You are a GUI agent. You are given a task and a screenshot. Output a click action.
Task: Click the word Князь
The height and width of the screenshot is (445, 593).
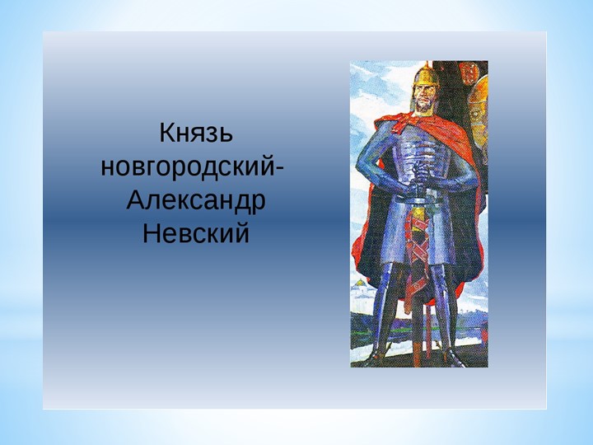195,133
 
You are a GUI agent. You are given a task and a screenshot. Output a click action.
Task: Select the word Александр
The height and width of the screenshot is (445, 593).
196,200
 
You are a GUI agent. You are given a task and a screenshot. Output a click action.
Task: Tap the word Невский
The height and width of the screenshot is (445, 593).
195,234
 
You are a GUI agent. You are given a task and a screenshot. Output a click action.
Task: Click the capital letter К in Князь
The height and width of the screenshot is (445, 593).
164,133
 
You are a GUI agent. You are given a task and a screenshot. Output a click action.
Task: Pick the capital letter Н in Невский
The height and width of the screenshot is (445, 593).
151,234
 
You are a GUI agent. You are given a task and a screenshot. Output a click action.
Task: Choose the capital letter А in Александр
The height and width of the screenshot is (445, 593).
136,200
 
